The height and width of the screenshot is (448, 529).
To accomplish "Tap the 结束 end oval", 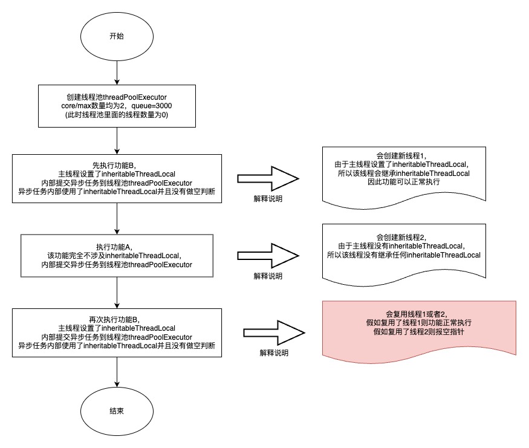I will pos(117,411).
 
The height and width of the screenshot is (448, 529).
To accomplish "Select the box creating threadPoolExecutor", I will pos(117,106).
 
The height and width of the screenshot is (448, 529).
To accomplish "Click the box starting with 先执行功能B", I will pos(117,179).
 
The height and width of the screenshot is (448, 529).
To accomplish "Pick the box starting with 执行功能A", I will pos(117,256).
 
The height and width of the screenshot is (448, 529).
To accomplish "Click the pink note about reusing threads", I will pos(419,327).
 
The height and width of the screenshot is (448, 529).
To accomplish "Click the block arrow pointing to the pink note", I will pos(274,333).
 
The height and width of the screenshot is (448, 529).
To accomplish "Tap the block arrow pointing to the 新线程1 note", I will pos(268,180).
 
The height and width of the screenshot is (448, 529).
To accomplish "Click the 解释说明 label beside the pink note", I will pos(274,352).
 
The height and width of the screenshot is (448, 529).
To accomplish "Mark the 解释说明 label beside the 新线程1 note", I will pos(268,198).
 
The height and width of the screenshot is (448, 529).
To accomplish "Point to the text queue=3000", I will pos(156,106).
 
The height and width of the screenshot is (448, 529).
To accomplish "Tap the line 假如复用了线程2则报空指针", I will pos(419,333).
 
